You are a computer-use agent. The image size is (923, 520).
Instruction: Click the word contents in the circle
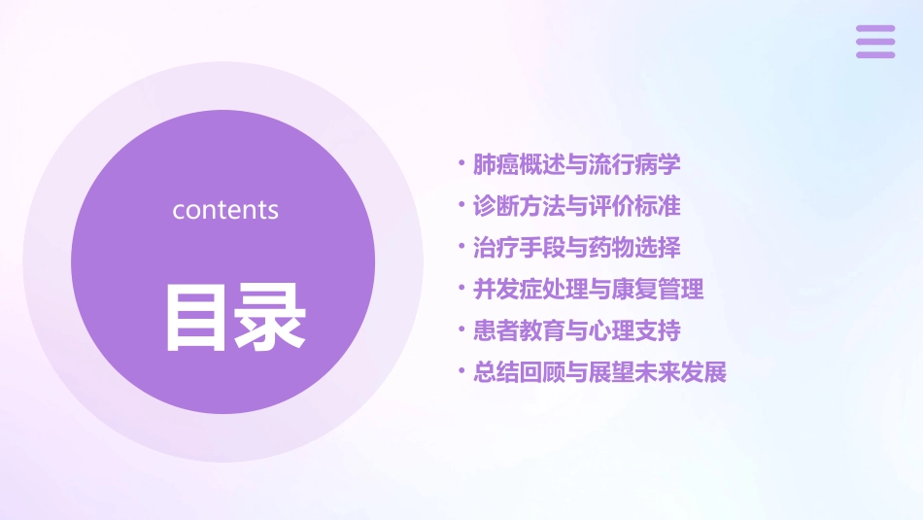pos(225,210)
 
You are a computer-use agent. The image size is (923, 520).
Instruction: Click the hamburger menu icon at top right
pos(875,42)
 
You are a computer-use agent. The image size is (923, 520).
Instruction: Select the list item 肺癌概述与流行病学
pos(576,164)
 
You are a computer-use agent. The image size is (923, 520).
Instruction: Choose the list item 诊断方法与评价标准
pos(576,206)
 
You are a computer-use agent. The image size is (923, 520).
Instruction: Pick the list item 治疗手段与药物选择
pos(576,248)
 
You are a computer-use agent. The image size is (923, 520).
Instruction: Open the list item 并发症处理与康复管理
pos(588,289)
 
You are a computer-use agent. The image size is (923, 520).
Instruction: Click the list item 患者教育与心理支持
pos(576,330)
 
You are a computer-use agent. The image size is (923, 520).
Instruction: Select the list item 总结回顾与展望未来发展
pos(599,372)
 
